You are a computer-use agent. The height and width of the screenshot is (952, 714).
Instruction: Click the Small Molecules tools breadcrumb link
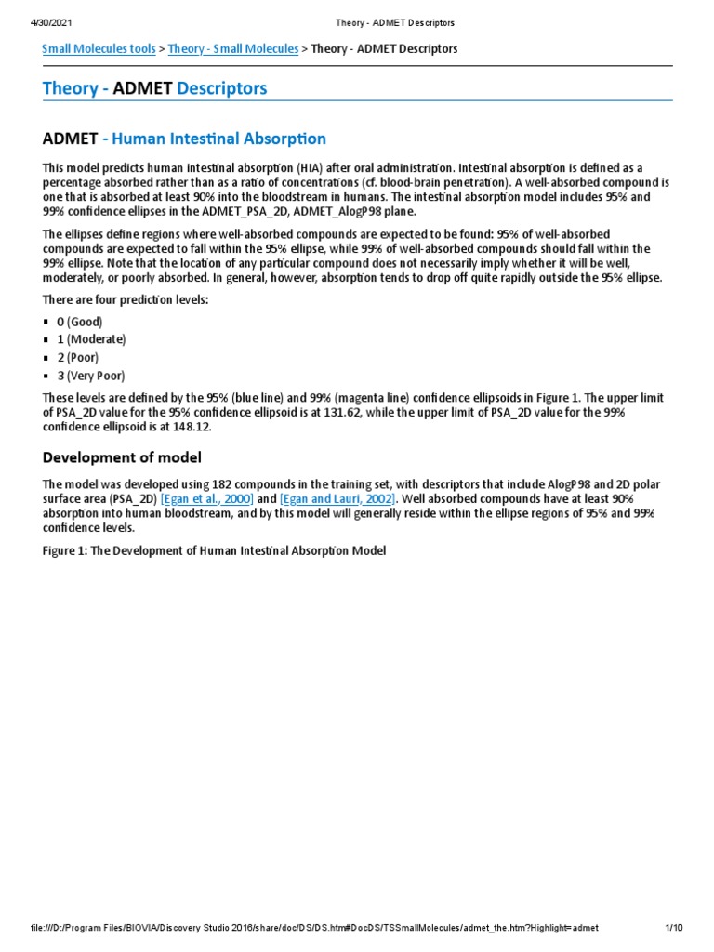pos(99,48)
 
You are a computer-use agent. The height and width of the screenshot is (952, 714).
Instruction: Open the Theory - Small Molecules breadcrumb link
pos(233,48)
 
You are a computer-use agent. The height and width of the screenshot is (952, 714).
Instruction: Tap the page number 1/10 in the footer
pos(674,928)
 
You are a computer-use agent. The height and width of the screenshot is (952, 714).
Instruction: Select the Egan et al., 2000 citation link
pos(206,499)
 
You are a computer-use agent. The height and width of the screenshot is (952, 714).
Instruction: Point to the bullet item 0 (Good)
pos(80,322)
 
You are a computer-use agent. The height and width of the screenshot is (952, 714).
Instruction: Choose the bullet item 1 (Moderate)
pos(91,339)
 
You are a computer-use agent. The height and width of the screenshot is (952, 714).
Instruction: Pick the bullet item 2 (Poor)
pos(78,357)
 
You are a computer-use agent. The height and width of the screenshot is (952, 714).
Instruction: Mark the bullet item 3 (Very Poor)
pos(91,376)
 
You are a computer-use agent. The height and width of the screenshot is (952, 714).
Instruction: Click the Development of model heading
pos(122,457)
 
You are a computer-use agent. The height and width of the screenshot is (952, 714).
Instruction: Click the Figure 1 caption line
pos(214,550)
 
